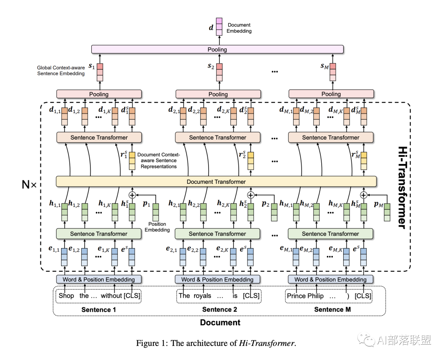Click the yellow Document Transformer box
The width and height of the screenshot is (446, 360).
pyautogui.click(x=216, y=181)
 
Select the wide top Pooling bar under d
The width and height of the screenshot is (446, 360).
pyautogui.click(x=217, y=49)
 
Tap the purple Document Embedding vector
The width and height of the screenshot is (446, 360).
pyautogui.click(x=219, y=27)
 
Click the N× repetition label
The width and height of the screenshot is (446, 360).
pyautogui.click(x=29, y=185)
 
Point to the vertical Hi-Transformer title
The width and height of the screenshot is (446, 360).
pyautogui.click(x=403, y=187)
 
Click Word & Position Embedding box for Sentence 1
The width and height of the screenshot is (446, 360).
pyautogui.click(x=99, y=279)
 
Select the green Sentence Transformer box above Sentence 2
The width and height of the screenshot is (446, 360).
pyautogui.click(x=217, y=234)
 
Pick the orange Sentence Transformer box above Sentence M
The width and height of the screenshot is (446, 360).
pyautogui.click(x=330, y=137)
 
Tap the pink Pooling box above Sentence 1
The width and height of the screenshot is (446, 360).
pyautogui.click(x=99, y=94)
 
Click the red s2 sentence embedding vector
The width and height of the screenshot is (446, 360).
pyautogui.click(x=219, y=72)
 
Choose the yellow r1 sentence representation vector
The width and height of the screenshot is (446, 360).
pyautogui.click(x=132, y=161)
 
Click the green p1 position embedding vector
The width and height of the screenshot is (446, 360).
pyautogui.click(x=156, y=212)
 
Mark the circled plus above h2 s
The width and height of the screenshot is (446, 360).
pyautogui.click(x=251, y=195)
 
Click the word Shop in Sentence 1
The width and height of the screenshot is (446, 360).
pyautogui.click(x=66, y=296)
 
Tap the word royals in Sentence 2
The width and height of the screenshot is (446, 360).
pyautogui.click(x=202, y=296)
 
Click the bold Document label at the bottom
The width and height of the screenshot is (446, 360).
pyautogui.click(x=220, y=322)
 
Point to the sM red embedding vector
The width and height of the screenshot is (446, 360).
pyautogui.click(x=333, y=72)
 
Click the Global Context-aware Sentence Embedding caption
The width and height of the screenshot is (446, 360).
pyautogui.click(x=61, y=71)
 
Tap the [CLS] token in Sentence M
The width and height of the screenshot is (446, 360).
pyautogui.click(x=363, y=296)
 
